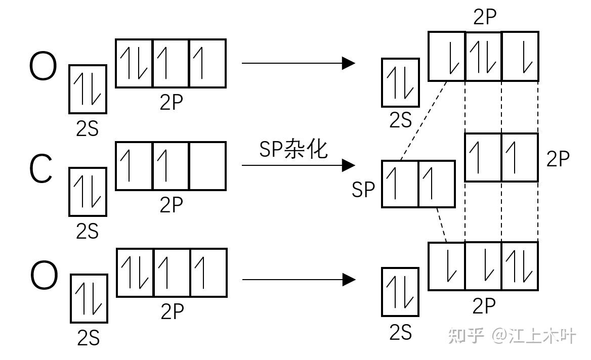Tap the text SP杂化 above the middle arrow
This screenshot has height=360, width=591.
coord(293,149)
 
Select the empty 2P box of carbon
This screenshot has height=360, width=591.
coord(207,166)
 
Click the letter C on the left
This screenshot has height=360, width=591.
coord(41,170)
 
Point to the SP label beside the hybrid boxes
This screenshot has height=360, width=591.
coord(363,190)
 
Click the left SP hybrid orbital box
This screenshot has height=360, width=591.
coord(400,184)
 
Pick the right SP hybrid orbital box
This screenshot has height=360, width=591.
coord(437,184)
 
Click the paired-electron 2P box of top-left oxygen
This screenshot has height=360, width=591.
coord(134,63)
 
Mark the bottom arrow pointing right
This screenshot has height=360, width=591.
coord(299,279)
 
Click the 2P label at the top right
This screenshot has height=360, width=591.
coord(485,18)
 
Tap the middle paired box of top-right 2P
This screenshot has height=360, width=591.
coord(483,56)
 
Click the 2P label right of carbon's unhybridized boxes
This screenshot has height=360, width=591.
coord(558,159)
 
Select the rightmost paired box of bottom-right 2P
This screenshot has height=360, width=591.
coord(520,266)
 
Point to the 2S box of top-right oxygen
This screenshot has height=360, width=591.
coord(400,82)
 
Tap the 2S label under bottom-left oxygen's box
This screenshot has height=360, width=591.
coord(88,338)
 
